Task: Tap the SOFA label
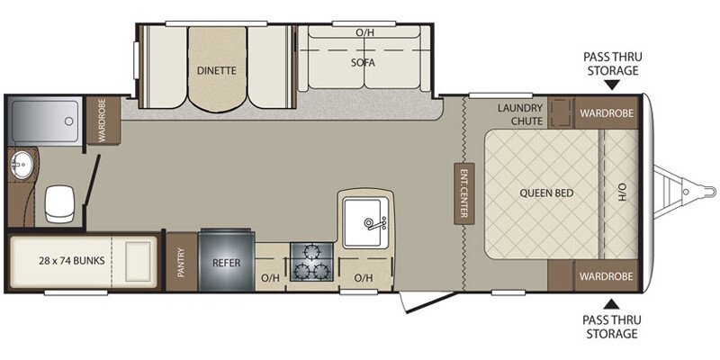[363, 63]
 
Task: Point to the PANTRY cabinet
[181, 263]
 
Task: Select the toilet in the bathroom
[58, 202]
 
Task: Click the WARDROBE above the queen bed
[606, 112]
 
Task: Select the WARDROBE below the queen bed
[606, 274]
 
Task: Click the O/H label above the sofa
[364, 32]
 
